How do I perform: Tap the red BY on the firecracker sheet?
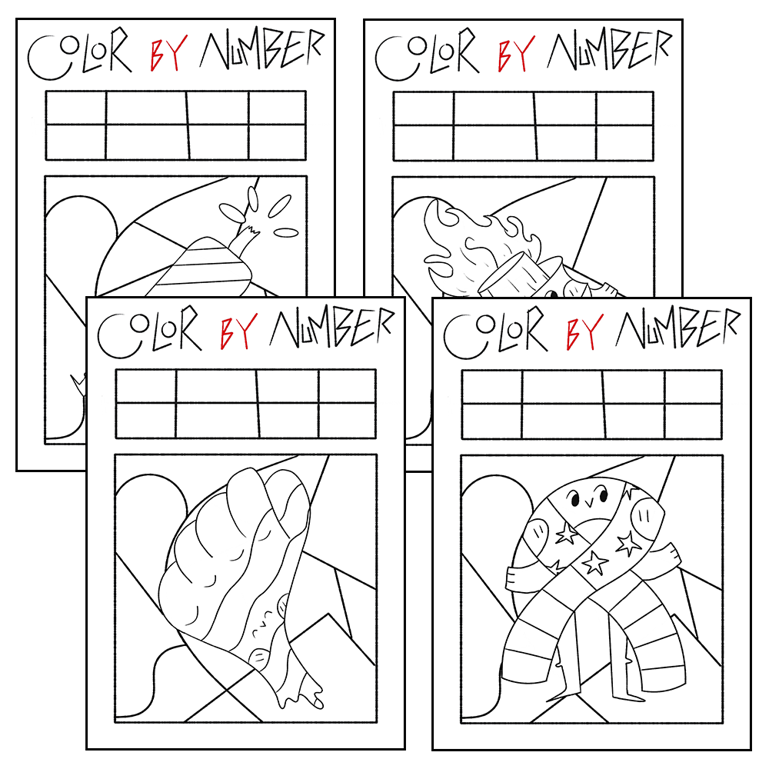(x=168, y=54)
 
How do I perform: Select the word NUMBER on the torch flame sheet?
(x=609, y=49)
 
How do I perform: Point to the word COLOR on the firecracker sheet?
(x=79, y=54)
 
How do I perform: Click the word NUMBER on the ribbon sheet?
(x=677, y=328)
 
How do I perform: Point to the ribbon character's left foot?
(x=563, y=694)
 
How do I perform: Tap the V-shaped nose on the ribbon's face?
(x=590, y=501)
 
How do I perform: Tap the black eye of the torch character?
(x=553, y=294)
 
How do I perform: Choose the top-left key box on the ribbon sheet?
(x=492, y=388)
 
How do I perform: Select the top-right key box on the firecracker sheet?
(x=277, y=108)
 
